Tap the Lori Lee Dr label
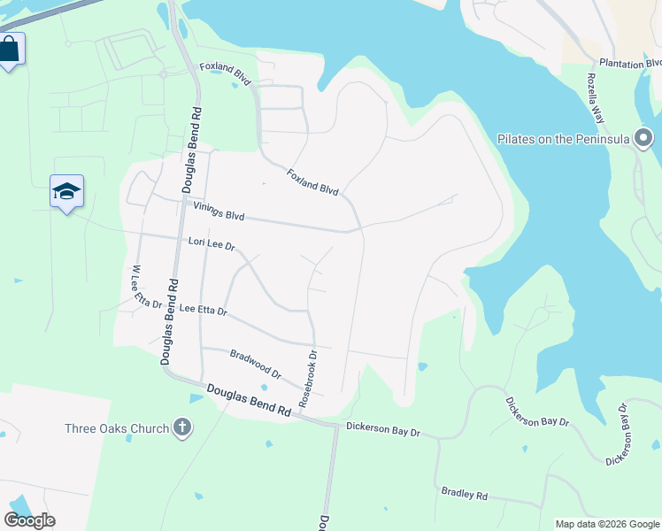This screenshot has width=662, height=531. coord(211,242)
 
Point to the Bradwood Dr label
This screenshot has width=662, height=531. coord(255,364)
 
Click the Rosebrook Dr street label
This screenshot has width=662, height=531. coord(307,379)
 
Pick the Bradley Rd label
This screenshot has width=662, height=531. coord(465,493)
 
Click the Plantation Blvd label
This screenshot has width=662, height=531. coord(629,63)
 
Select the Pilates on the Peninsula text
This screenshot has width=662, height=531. coord(562,139)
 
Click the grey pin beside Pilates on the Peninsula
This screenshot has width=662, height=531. coord(643,138)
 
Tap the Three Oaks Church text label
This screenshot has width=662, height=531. coord(117,429)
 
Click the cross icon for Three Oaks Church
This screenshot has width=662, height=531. coord(181,429)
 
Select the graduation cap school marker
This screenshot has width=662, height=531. coord(66,191)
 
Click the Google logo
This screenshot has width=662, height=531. coord(29,520)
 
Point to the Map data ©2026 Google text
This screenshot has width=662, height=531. coord(605,524)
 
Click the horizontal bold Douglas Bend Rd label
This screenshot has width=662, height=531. coord(249,400)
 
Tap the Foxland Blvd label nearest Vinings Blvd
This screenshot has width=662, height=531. coord(312,182)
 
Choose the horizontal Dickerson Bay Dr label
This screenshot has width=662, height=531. coord(382,429)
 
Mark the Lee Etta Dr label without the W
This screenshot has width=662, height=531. coord(204,311)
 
